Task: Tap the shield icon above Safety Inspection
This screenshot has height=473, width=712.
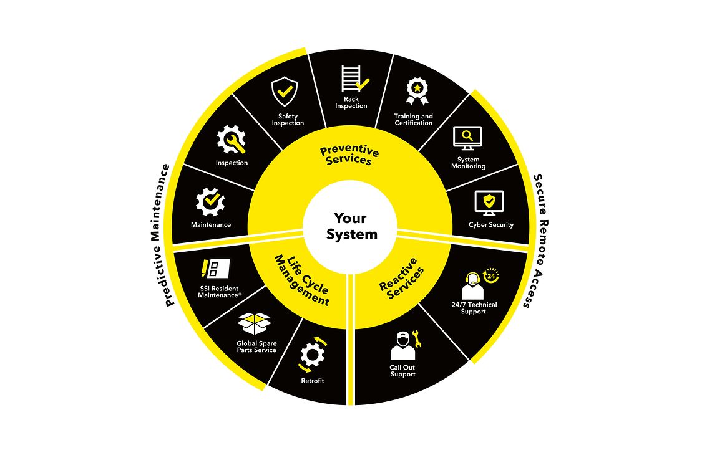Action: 285,92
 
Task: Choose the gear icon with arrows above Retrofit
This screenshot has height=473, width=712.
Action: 313,355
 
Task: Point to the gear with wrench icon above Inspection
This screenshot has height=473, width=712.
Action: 231,140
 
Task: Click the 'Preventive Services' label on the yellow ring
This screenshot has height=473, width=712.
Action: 349,155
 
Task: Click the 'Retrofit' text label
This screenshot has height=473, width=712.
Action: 313,381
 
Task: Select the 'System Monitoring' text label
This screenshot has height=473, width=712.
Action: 468,163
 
